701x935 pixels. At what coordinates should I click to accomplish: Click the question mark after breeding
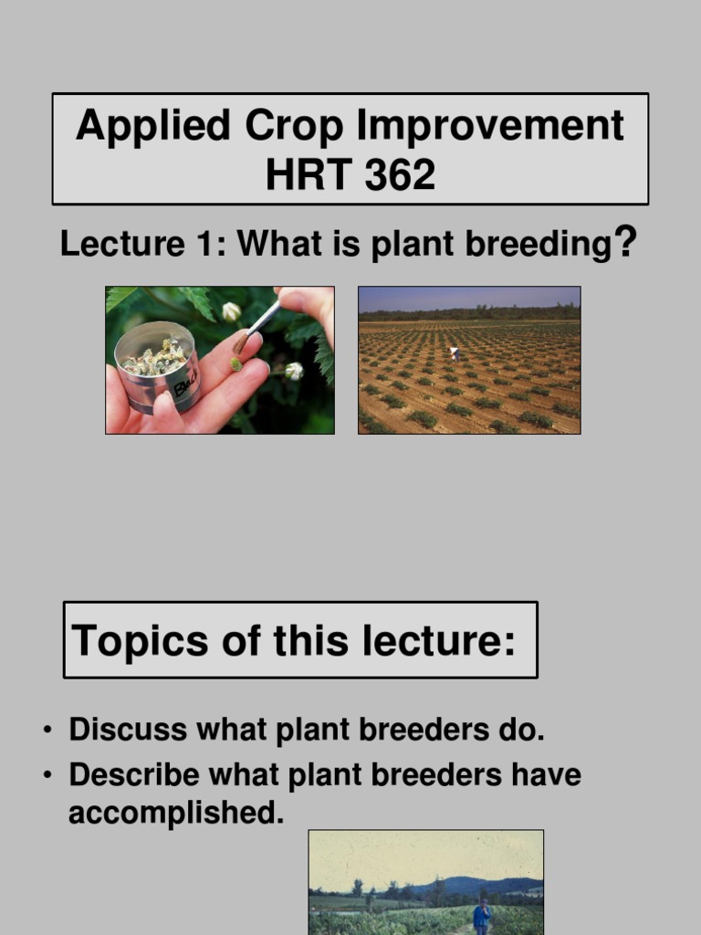[x=624, y=244]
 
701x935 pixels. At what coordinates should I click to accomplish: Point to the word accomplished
[x=175, y=813]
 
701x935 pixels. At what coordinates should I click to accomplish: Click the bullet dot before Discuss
[x=47, y=731]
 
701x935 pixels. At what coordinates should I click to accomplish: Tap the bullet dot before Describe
[x=47, y=776]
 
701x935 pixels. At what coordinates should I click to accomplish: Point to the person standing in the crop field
[x=454, y=352]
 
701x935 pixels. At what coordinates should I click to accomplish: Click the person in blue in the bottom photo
[x=482, y=915]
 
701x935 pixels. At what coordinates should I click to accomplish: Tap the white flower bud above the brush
[x=232, y=311]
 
